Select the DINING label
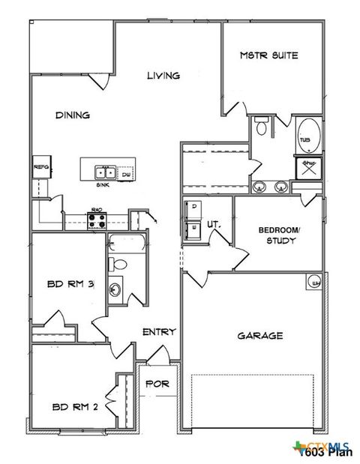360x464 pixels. [x=73, y=115]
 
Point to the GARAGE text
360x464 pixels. [x=260, y=336]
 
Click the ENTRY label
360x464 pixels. [x=159, y=332]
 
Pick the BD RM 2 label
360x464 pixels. [x=69, y=408]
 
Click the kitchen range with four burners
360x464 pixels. [x=97, y=220]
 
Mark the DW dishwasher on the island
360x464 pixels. [x=125, y=174]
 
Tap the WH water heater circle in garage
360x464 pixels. [x=315, y=282]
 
